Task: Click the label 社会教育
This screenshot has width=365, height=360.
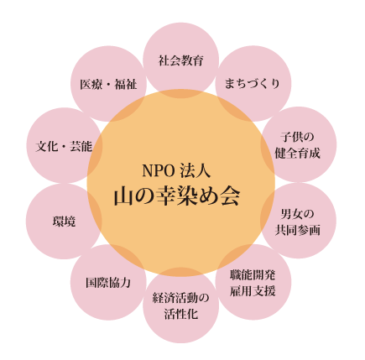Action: pyautogui.click(x=181, y=60)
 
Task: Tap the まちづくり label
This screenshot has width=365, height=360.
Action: pyautogui.click(x=253, y=84)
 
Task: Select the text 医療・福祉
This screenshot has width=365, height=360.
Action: pyautogui.click(x=108, y=84)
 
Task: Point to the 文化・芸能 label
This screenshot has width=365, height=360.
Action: pyautogui.click(x=64, y=146)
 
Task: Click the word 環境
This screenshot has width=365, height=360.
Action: pyautogui.click(x=64, y=222)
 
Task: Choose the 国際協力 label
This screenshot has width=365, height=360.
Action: pyautogui.click(x=108, y=283)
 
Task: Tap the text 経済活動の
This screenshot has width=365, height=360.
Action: pyautogui.click(x=180, y=299)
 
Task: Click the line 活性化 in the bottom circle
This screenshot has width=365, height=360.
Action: pyautogui.click(x=181, y=315)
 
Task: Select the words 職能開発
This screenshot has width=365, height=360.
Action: pyautogui.click(x=253, y=275)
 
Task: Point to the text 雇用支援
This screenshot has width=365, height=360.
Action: pyautogui.click(x=253, y=291)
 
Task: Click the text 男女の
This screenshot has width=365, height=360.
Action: pyautogui.click(x=297, y=214)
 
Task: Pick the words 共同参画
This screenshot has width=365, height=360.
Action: pyautogui.click(x=298, y=230)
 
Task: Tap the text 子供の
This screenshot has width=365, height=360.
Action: pyautogui.click(x=297, y=138)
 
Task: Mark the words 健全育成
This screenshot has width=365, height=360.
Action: pyautogui.click(x=297, y=154)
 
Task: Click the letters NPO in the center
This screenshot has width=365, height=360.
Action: pyautogui.click(x=159, y=171)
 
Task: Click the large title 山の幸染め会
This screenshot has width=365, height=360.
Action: pyautogui.click(x=177, y=196)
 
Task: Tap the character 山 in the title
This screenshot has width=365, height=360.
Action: pyautogui.click(x=123, y=196)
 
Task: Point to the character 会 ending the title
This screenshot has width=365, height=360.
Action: pyautogui.click(x=230, y=196)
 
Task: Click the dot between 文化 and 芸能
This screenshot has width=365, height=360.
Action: pyautogui.click(x=64, y=147)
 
